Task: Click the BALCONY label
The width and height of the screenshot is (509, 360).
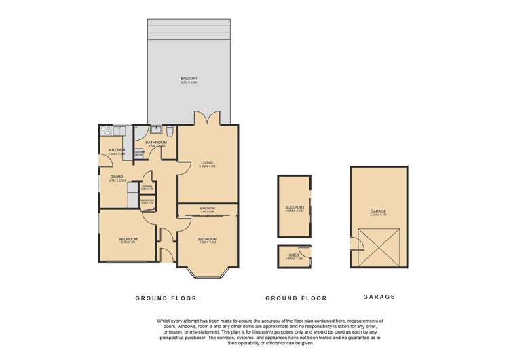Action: coord(189,79)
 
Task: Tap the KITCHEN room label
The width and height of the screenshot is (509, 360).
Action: coord(116,150)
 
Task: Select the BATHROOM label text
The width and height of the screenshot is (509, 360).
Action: coord(156,143)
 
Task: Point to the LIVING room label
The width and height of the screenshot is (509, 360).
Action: coord(207,163)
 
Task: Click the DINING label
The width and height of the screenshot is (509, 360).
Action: coord(117,177)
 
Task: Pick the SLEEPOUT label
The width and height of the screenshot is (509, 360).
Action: coord(294,208)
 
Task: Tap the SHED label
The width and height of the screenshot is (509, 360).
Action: coord(294,255)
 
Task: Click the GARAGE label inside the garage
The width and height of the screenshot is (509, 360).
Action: coord(378,211)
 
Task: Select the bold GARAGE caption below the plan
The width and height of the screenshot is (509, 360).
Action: coord(379,298)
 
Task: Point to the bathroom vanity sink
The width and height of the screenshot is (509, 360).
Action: coord(155,128)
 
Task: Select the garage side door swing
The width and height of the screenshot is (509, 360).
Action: coord(354,245)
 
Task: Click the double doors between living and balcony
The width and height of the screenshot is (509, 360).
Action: coord(206,119)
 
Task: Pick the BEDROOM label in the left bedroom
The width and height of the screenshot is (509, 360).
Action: coord(128,239)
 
